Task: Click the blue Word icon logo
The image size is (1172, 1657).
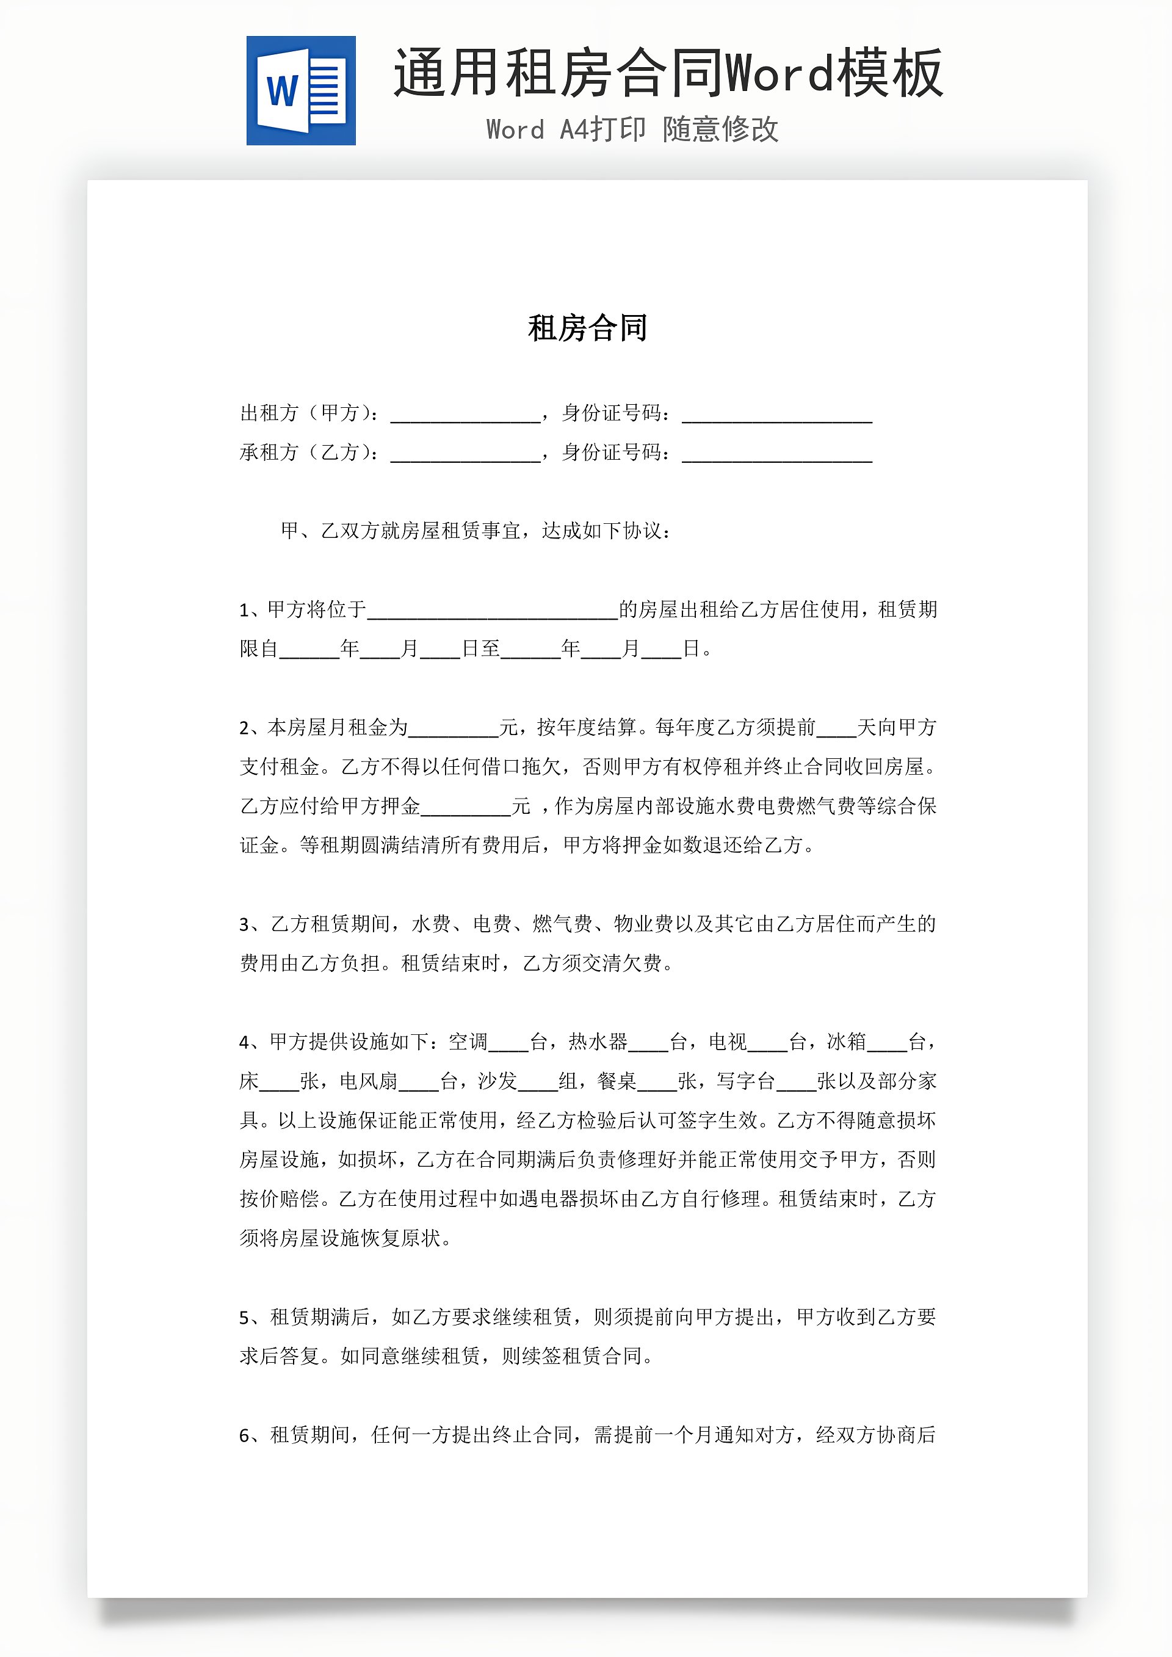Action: [300, 90]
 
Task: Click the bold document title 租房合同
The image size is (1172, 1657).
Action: [587, 328]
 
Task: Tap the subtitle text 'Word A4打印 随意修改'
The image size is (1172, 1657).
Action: [632, 129]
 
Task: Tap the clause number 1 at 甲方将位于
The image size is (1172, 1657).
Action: [244, 611]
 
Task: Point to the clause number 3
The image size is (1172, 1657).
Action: [245, 925]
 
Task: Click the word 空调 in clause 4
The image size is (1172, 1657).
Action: [468, 1042]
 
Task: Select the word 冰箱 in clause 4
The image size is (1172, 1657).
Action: [846, 1042]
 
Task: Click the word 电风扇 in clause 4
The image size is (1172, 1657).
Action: [368, 1081]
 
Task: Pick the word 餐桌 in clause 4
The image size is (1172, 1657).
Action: [617, 1081]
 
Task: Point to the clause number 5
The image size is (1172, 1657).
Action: [245, 1318]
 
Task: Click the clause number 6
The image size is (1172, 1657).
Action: [245, 1435]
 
